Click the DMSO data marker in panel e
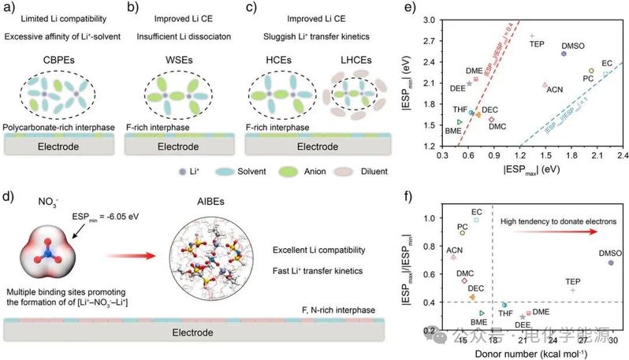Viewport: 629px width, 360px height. pyautogui.click(x=564, y=53)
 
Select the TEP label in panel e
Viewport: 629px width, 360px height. pyautogui.click(x=537, y=44)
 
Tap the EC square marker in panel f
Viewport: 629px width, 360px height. pyautogui.click(x=476, y=220)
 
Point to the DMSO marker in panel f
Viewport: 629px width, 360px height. pyautogui.click(x=611, y=262)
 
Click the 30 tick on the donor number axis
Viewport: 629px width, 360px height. pyautogui.click(x=612, y=340)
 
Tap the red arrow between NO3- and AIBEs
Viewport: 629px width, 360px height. pyautogui.click(x=127, y=256)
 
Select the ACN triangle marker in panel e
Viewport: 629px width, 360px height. pyautogui.click(x=545, y=85)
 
